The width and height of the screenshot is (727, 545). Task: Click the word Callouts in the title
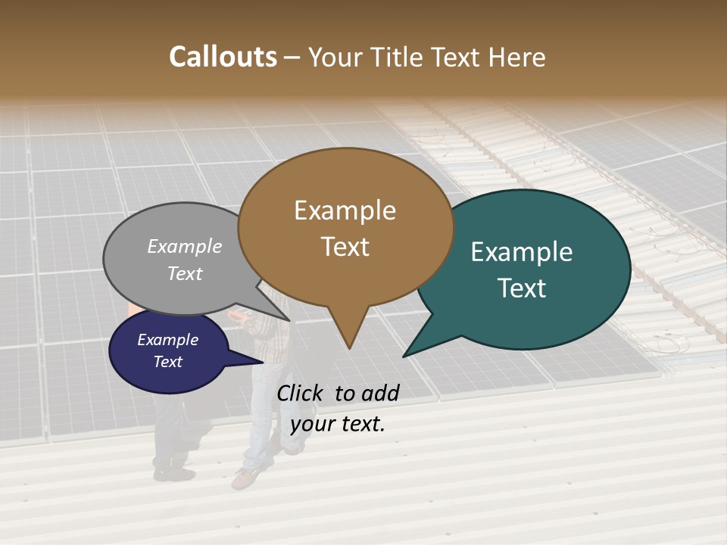tap(223, 57)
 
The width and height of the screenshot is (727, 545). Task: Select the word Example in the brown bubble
tap(345, 210)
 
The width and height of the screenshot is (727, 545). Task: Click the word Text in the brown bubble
tap(345, 246)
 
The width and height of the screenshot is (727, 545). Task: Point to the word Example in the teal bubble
tap(522, 252)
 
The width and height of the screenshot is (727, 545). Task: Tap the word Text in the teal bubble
tap(522, 288)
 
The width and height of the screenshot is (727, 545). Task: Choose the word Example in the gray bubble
tap(185, 246)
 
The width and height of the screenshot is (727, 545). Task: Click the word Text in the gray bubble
tap(185, 273)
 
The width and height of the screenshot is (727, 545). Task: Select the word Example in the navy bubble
tap(167, 340)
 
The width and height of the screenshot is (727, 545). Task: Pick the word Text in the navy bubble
tap(167, 362)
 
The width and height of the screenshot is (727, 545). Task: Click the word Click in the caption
tap(301, 393)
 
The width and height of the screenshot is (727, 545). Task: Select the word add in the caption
tap(381, 393)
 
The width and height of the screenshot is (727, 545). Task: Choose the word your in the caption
tap(311, 424)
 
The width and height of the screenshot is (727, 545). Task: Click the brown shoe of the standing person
tap(244, 478)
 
